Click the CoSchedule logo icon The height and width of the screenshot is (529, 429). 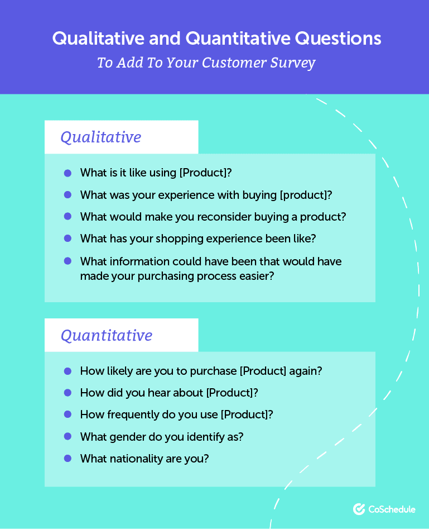[x=359, y=509]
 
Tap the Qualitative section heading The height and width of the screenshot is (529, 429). [x=101, y=137]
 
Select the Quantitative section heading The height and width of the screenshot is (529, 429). [x=107, y=335]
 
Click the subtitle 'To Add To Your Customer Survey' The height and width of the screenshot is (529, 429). [x=206, y=63]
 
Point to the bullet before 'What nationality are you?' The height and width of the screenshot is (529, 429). [x=68, y=458]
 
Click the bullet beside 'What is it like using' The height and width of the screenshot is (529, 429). [x=68, y=173]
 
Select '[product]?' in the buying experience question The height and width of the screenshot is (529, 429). [x=306, y=195]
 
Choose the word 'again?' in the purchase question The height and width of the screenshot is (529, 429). [x=306, y=371]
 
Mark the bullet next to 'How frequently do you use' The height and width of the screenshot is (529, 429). [x=68, y=414]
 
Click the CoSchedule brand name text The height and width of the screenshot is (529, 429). [x=392, y=509]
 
